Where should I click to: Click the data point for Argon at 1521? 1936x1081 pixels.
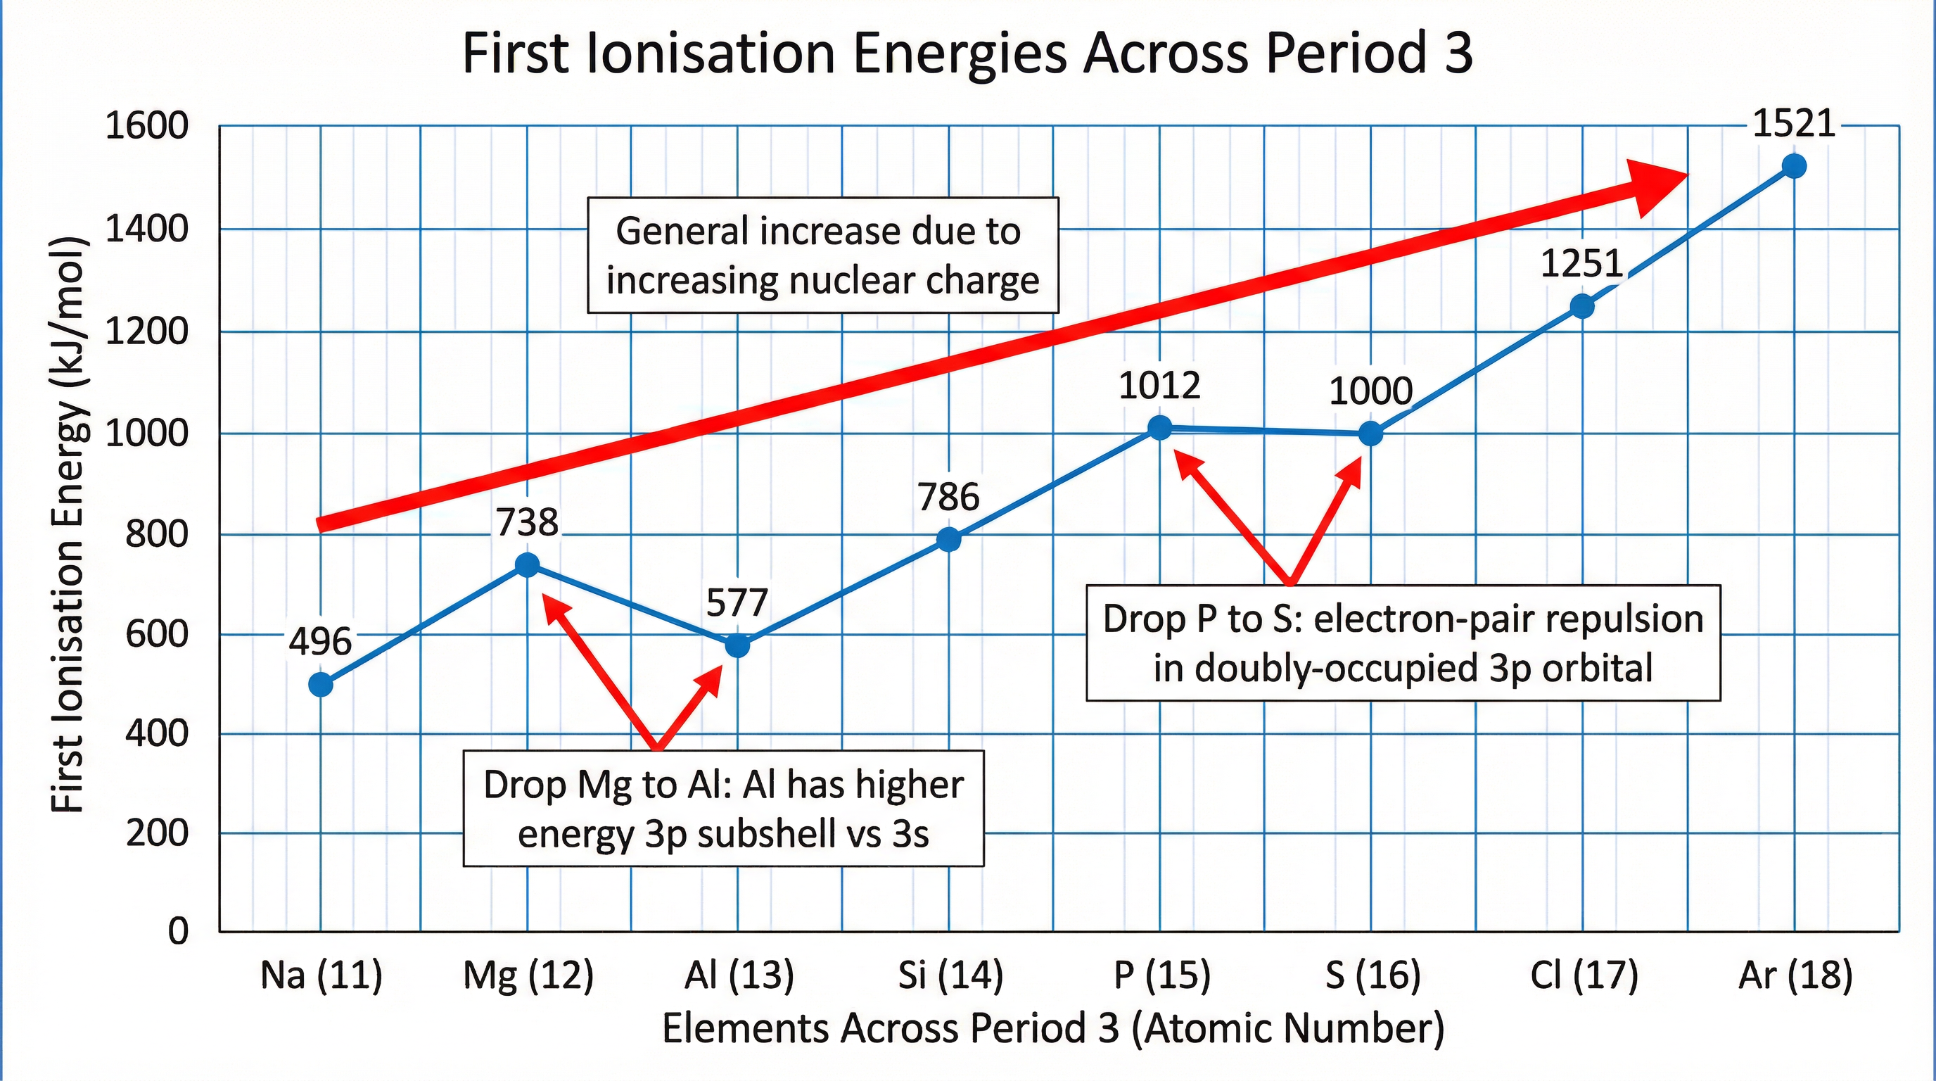1794,166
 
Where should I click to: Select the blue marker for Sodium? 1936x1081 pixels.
321,685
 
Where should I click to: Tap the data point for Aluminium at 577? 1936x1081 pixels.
737,645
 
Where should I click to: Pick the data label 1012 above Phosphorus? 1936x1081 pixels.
1159,386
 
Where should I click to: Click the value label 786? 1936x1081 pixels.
948,498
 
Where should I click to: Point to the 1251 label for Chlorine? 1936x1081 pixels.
1581,264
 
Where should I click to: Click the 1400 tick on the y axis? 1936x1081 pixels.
146,229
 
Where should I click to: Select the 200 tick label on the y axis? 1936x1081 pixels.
156,833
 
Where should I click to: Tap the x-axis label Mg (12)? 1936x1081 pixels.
528,975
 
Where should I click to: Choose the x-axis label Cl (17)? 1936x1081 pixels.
1584,975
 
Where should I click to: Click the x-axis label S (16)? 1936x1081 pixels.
1373,975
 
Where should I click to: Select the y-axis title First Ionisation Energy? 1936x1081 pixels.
68,524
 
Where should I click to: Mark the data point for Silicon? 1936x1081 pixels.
948,539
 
